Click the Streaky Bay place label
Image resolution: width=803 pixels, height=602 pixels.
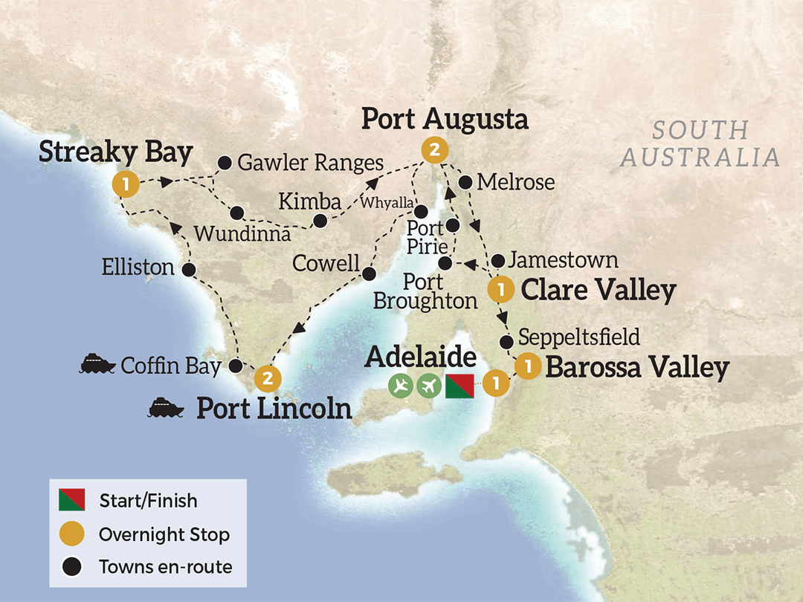pyautogui.click(x=115, y=152)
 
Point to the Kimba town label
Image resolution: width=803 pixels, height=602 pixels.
pyautogui.click(x=309, y=201)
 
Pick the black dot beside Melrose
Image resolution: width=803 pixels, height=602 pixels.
pyautogui.click(x=466, y=181)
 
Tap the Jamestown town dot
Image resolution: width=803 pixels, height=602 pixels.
pyautogui.click(x=498, y=260)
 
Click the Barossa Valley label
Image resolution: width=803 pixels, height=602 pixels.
pyautogui.click(x=636, y=367)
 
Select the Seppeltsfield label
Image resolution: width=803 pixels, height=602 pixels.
pyautogui.click(x=579, y=336)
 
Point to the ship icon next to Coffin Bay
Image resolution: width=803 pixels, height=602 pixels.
pyautogui.click(x=97, y=365)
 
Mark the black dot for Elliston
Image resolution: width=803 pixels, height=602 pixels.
pyautogui.click(x=188, y=269)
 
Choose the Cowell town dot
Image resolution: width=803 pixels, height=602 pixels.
pyautogui.click(x=367, y=274)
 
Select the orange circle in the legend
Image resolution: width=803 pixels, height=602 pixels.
pyautogui.click(x=71, y=534)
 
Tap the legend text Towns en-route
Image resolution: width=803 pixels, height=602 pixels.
pyautogui.click(x=165, y=567)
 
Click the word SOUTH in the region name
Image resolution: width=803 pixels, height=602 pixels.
pyautogui.click(x=700, y=130)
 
